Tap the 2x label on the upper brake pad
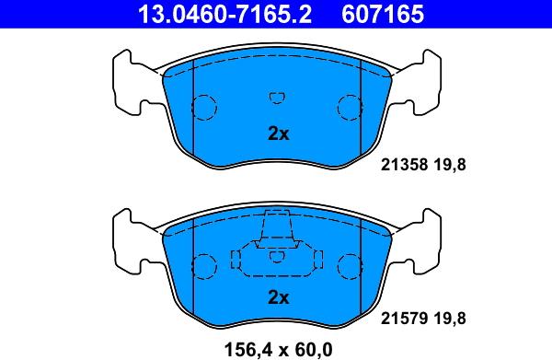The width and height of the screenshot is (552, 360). [x=278, y=134]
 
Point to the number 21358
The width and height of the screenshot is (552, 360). [x=400, y=167]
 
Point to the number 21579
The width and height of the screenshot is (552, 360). [x=400, y=319]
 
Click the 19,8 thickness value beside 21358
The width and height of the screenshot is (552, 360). [x=453, y=167]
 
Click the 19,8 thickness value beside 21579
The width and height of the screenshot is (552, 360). [x=453, y=319]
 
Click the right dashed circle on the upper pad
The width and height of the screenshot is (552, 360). [x=350, y=108]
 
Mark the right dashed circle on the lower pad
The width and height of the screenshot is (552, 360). [x=350, y=266]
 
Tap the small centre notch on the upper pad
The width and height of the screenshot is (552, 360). [x=277, y=97]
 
